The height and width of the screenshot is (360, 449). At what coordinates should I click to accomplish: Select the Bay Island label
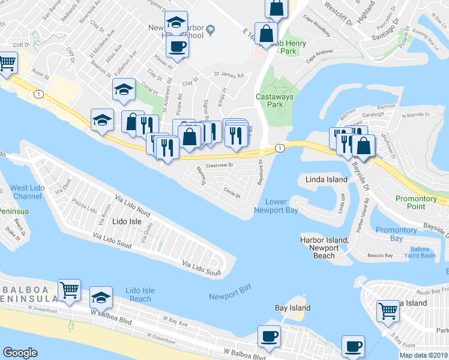tap(293, 308)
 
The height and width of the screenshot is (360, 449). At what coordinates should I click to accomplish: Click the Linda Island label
tap(327, 179)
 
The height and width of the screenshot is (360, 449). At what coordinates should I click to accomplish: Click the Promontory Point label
tap(416, 202)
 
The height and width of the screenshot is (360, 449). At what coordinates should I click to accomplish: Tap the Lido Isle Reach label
tap(140, 295)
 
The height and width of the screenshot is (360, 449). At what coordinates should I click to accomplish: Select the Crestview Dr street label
tap(219, 165)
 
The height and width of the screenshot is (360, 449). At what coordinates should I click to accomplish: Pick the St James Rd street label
tap(229, 76)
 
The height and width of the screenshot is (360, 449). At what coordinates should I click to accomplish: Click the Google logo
tap(20, 353)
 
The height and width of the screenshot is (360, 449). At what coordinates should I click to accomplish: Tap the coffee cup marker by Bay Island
tap(269, 336)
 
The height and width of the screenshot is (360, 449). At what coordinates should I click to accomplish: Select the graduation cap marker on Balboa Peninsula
tap(101, 298)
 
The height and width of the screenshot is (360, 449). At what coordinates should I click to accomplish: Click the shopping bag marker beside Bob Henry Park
tap(265, 32)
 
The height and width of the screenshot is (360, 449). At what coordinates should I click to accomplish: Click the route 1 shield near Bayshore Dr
tap(279, 148)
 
